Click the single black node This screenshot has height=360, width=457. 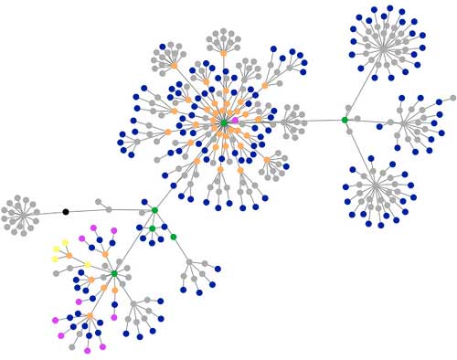tap(65, 212)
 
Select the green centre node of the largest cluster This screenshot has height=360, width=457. tap(223, 121)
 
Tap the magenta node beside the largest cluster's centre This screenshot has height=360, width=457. tap(235, 121)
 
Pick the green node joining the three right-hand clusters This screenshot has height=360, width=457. tap(345, 120)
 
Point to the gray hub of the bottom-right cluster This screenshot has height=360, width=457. tap(376, 188)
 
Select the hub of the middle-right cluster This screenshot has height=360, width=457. tap(405, 121)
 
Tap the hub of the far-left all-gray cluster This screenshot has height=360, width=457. tap(21, 216)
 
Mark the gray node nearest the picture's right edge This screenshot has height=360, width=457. tap(452, 98)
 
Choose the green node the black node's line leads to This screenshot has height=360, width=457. tap(154, 210)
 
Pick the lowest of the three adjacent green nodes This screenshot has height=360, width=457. tap(173, 237)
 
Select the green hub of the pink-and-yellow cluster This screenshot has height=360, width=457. tap(114, 273)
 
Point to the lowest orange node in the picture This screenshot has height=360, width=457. tap(90, 317)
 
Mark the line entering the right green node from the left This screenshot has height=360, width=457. tap(320, 121)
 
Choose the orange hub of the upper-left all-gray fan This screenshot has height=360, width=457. tap(174, 65)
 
